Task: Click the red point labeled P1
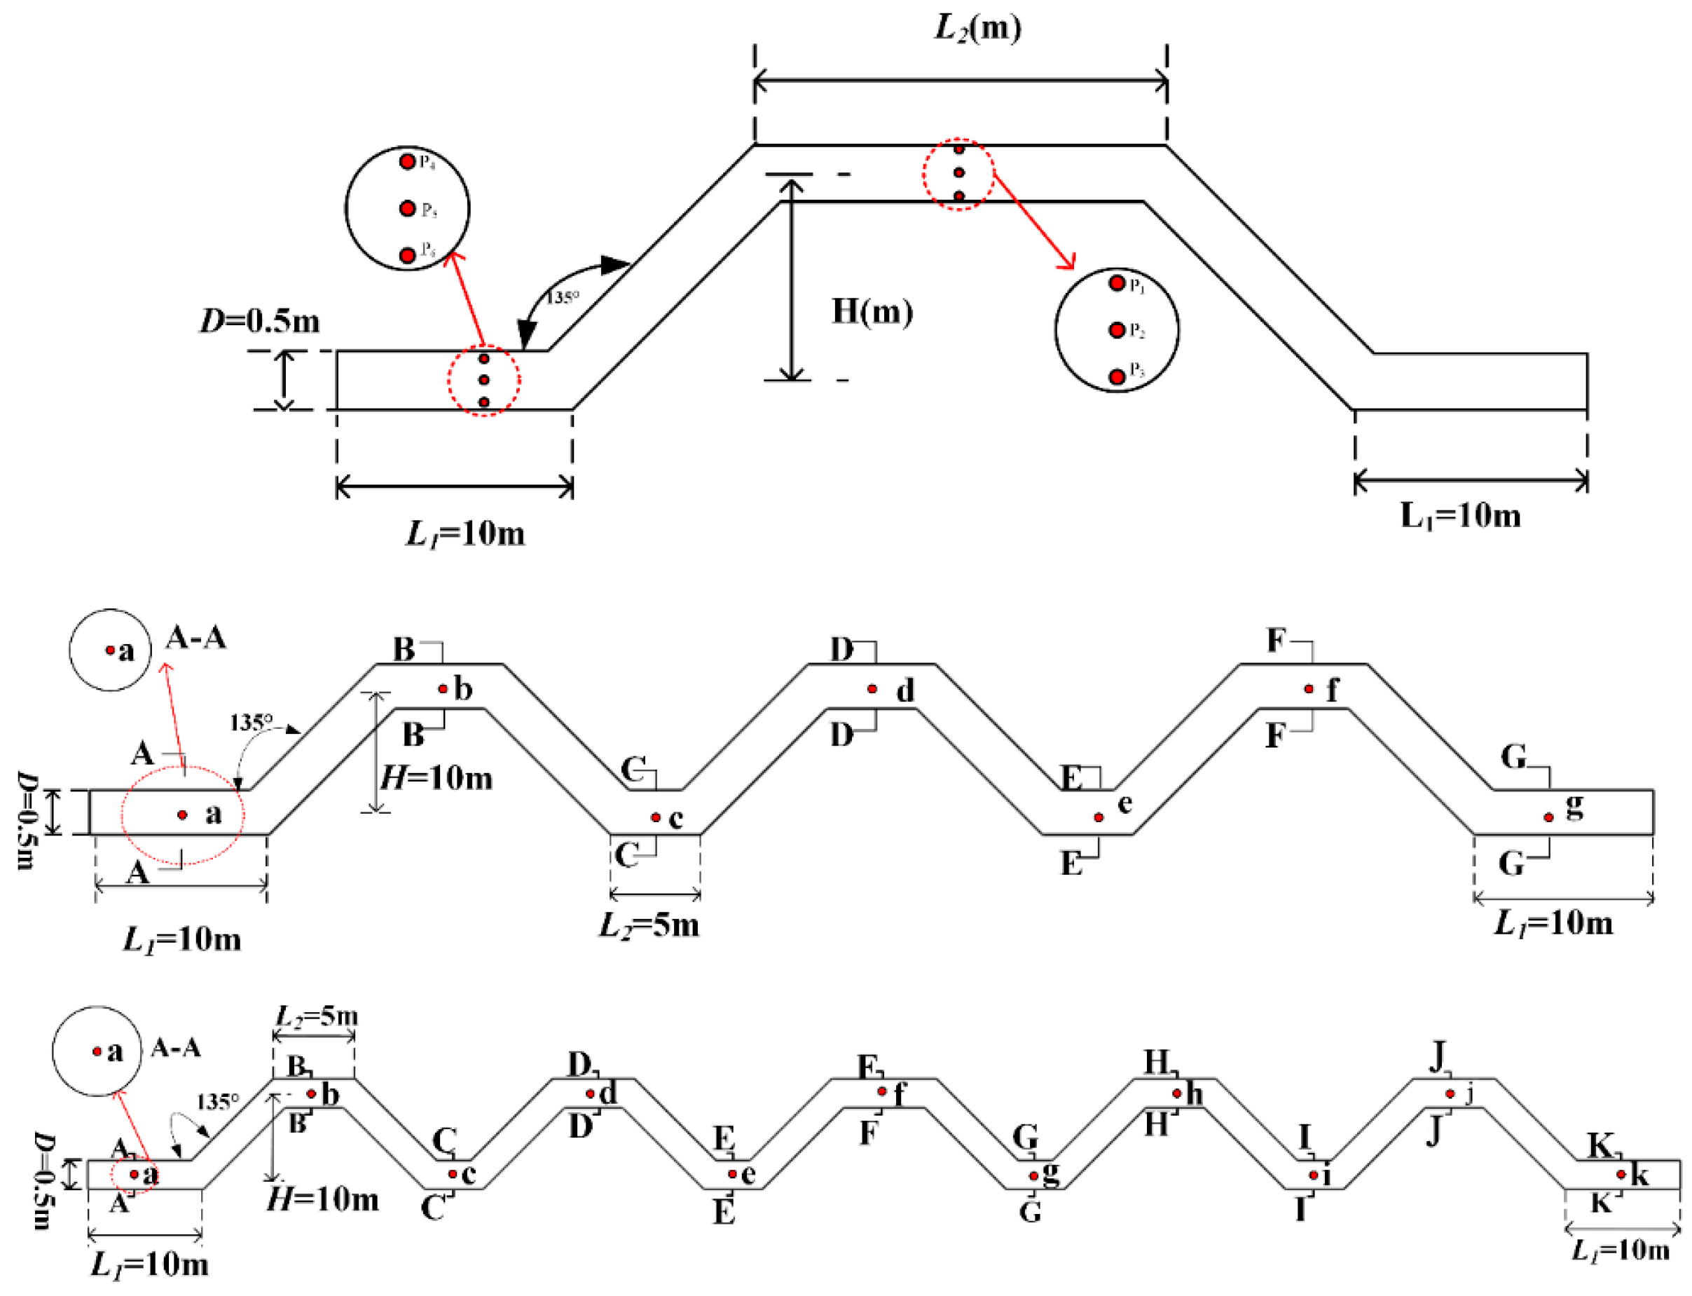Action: click(x=1117, y=283)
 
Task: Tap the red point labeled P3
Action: click(x=1117, y=376)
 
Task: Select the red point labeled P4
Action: click(x=407, y=162)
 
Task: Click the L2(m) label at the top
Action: click(x=978, y=28)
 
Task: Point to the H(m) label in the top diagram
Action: click(x=872, y=312)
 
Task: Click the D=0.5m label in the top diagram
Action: click(x=260, y=321)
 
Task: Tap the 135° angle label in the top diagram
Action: click(x=563, y=297)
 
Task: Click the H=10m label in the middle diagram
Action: click(x=437, y=777)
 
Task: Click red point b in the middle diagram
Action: click(x=443, y=688)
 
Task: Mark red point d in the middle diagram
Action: click(x=872, y=688)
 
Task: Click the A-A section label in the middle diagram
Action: click(x=196, y=638)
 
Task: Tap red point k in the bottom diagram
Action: click(x=1621, y=1174)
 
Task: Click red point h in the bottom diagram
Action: click(x=1177, y=1093)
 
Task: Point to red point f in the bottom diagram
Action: click(x=881, y=1091)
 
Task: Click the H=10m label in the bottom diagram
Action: click(x=322, y=1199)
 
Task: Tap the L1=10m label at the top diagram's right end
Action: click(x=1460, y=515)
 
